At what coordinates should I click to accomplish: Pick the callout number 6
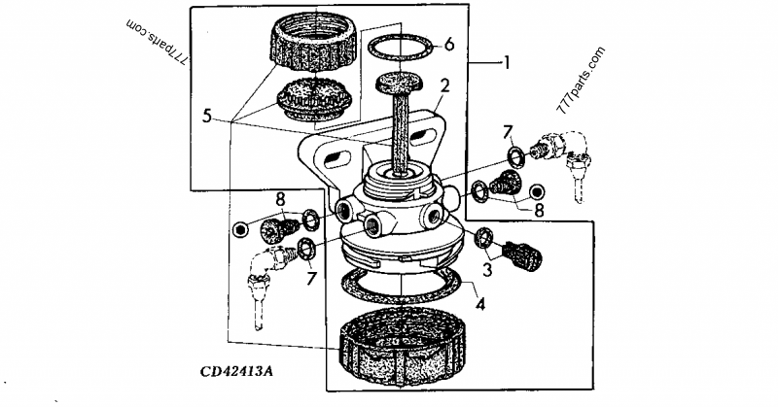pyautogui.click(x=448, y=44)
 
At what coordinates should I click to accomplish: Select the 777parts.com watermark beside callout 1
pyautogui.click(x=582, y=81)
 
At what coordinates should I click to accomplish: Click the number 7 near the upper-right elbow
pyautogui.click(x=507, y=130)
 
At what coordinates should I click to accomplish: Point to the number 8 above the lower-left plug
pyautogui.click(x=280, y=200)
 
